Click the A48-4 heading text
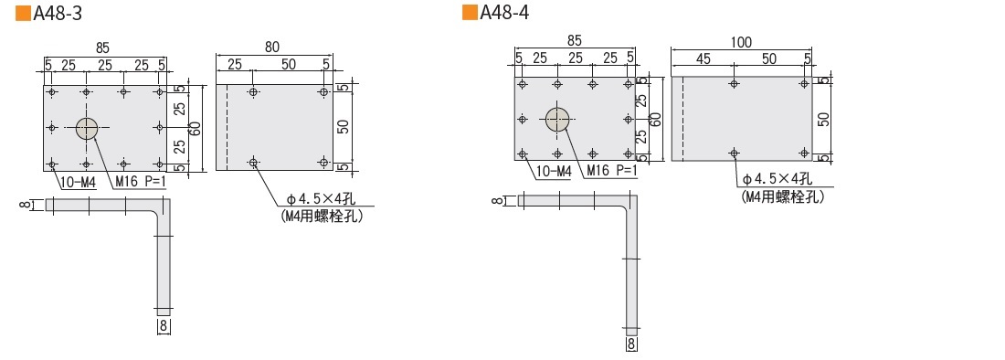coord(504,13)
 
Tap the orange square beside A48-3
coord(23,14)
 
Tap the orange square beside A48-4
coord(470,13)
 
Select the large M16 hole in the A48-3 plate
coord(87,128)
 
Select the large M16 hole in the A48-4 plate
coord(557,119)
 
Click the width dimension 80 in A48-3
coord(271,47)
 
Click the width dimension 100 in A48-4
coord(740,42)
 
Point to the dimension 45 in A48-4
coord(703,58)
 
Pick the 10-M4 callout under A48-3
coord(79,183)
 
